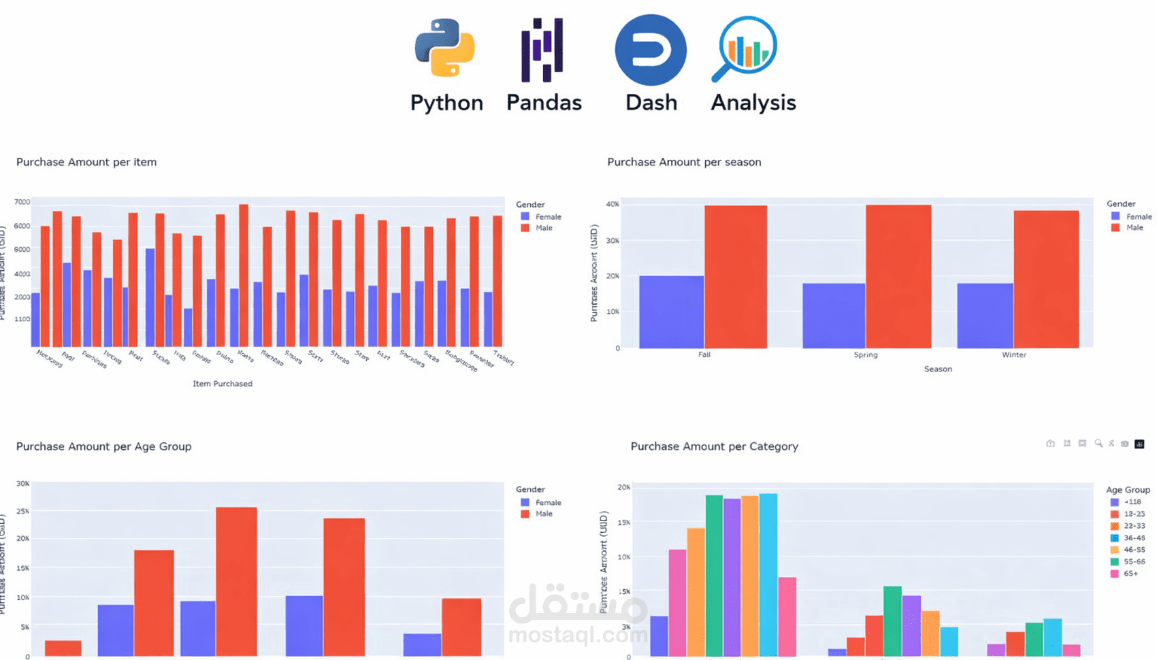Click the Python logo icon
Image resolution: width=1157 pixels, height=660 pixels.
[445, 48]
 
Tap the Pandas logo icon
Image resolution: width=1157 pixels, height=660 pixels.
[542, 50]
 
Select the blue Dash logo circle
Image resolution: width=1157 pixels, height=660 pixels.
[651, 50]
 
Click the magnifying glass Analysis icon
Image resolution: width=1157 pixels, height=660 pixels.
[746, 48]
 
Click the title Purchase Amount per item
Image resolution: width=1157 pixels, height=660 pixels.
[86, 162]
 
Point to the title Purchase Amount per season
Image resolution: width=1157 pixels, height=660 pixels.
[684, 162]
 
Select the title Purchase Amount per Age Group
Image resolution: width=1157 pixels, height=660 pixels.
[103, 446]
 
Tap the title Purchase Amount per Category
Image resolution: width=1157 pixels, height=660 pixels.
[714, 446]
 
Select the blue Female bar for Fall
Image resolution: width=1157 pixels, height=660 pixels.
[671, 312]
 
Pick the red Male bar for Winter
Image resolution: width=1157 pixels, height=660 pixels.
[1046, 280]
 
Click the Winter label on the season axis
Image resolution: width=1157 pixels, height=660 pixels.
[1013, 354]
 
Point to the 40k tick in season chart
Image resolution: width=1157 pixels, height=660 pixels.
[613, 204]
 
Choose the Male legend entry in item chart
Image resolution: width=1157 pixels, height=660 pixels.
[543, 228]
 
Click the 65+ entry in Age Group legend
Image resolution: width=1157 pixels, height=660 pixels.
[1130, 574]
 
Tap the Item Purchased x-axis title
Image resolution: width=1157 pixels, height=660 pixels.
[222, 384]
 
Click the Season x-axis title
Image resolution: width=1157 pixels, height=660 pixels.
[937, 369]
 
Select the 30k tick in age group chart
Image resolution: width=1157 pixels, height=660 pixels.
[22, 484]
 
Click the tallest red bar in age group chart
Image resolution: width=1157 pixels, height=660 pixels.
[236, 582]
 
